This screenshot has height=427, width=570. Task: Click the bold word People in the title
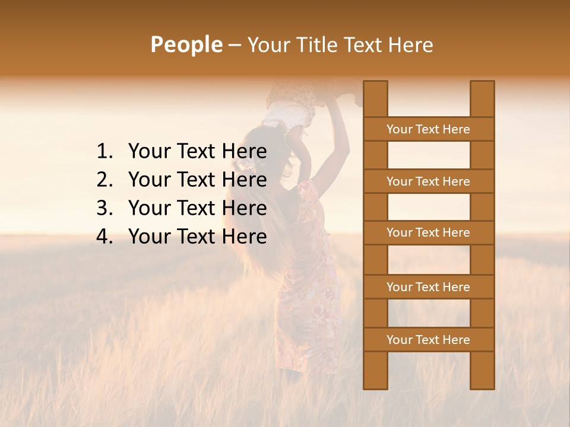coord(186,44)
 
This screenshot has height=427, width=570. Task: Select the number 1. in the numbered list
coord(104,152)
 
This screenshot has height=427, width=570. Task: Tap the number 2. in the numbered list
coord(104,180)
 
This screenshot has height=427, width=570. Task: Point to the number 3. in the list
coord(104,208)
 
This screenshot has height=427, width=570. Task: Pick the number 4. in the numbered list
coord(104,237)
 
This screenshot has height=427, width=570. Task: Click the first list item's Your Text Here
coord(197,152)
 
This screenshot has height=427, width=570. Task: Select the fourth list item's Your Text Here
coord(197,237)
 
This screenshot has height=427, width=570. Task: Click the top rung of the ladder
coord(428,129)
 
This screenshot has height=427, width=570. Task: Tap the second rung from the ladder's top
coord(428,181)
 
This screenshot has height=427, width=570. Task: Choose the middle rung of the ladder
coord(428,232)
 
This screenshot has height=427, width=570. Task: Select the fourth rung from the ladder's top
coord(428,287)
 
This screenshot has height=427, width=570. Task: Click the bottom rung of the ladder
coord(428,340)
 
